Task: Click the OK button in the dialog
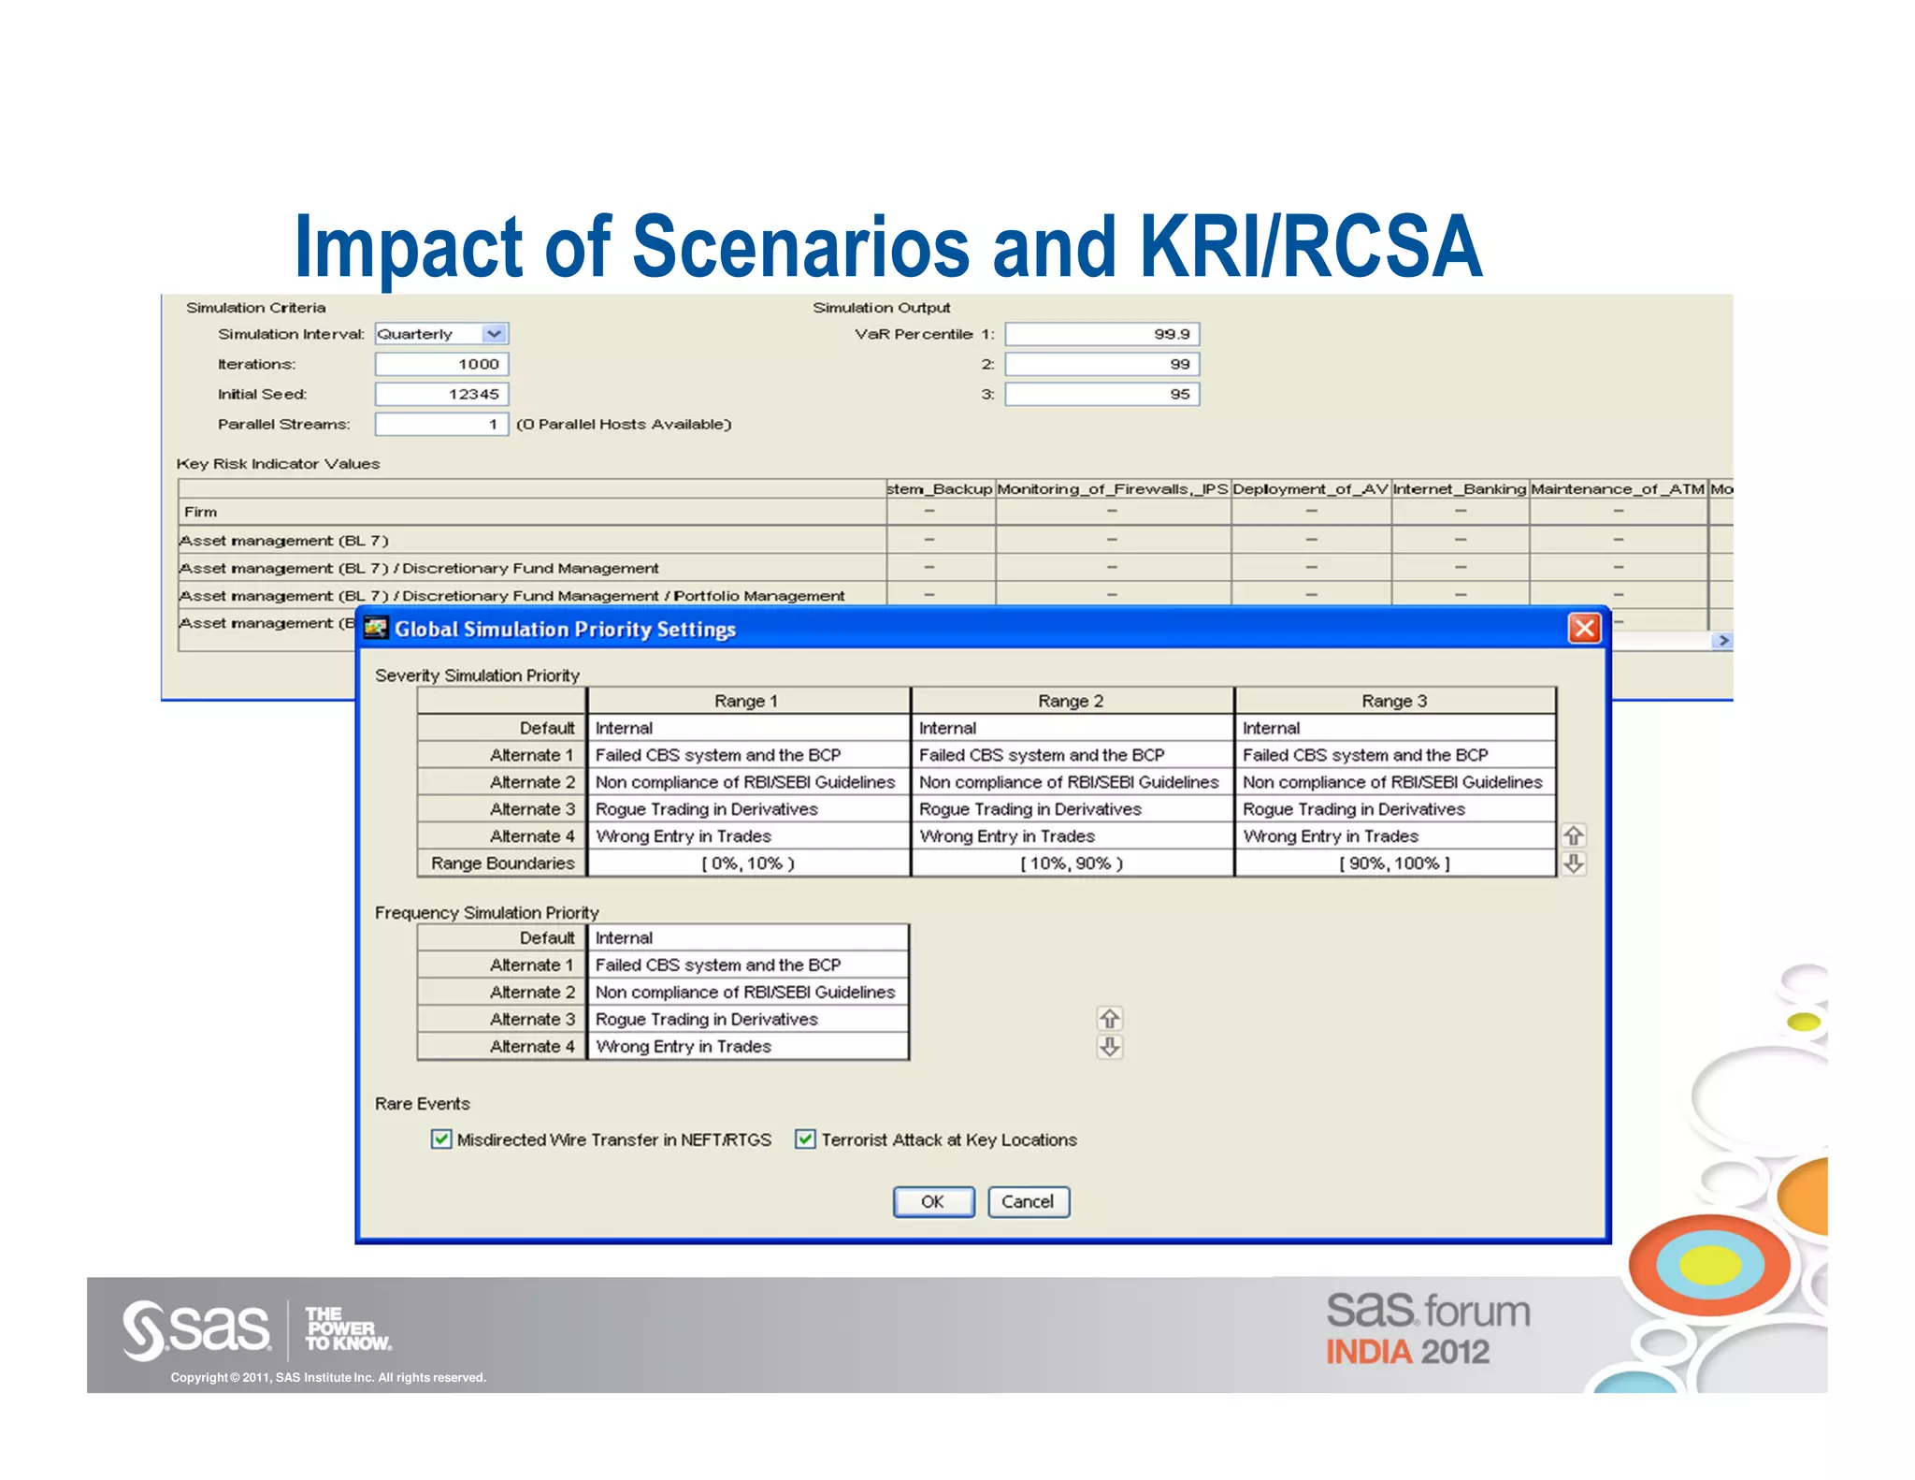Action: pyautogui.click(x=933, y=1202)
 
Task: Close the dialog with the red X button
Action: pyautogui.click(x=1584, y=629)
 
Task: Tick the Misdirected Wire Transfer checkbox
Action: pyautogui.click(x=441, y=1139)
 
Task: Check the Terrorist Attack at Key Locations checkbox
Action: pyautogui.click(x=804, y=1139)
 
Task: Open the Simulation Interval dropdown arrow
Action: pyautogui.click(x=494, y=334)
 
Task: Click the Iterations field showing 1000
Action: pyautogui.click(x=441, y=364)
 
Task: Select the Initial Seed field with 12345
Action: pyautogui.click(x=441, y=394)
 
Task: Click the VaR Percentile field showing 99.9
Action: pyautogui.click(x=1101, y=334)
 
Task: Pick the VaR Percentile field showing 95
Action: pyautogui.click(x=1101, y=394)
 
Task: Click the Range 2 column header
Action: pyautogui.click(x=1072, y=701)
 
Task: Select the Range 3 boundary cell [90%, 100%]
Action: pyautogui.click(x=1394, y=863)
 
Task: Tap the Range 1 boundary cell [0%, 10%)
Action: pyautogui.click(x=747, y=863)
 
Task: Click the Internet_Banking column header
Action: pyautogui.click(x=1460, y=488)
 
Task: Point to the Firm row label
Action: pyautogui.click(x=201, y=512)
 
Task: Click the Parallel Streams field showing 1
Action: pyautogui.click(x=441, y=424)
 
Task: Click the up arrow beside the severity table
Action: pyautogui.click(x=1574, y=835)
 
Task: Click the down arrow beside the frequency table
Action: pyautogui.click(x=1110, y=1047)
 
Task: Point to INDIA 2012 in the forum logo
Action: pyautogui.click(x=1407, y=1352)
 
